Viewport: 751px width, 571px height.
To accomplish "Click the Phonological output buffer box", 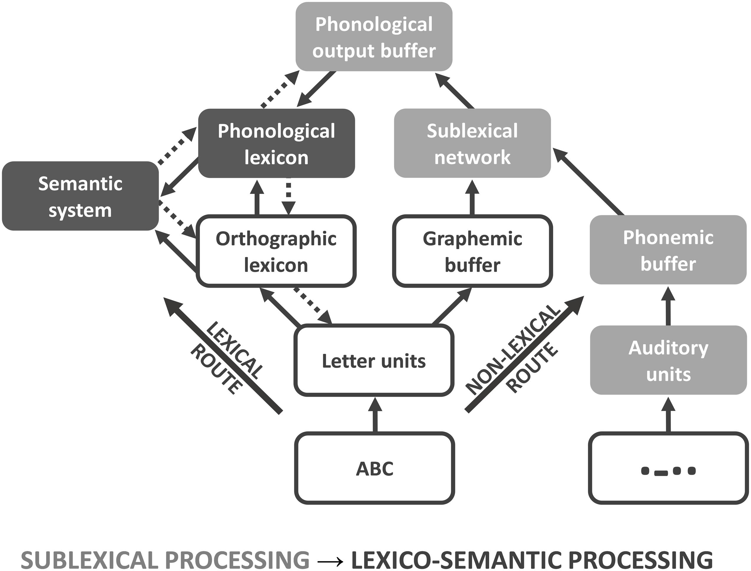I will pyautogui.click(x=374, y=37).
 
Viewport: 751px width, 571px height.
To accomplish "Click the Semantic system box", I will pyautogui.click(x=80, y=196).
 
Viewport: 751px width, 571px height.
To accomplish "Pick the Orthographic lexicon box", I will pyautogui.click(x=276, y=251).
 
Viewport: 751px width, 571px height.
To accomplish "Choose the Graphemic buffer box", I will pyautogui.click(x=472, y=251).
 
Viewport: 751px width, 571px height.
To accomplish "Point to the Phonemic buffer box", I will pyautogui.click(x=668, y=250).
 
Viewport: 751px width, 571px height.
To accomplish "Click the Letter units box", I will pyautogui.click(x=374, y=361).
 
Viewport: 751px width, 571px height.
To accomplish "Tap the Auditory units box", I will pyautogui.click(x=668, y=360).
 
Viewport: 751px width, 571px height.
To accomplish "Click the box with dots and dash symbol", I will pyautogui.click(x=668, y=468).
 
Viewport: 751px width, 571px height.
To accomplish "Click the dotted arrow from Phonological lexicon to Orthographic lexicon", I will pyautogui.click(x=288, y=197).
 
